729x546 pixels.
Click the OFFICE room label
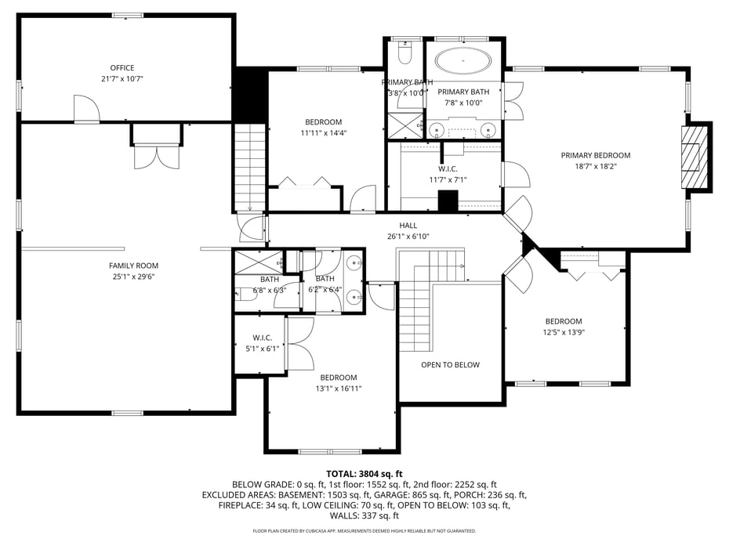121,68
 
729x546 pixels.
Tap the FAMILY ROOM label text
133,266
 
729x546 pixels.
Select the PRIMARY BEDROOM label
595,155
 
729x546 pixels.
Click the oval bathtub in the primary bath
463,60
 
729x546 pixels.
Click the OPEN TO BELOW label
450,365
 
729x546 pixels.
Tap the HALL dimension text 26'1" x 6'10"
408,237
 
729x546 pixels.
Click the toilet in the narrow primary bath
404,54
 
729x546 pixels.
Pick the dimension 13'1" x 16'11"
338,389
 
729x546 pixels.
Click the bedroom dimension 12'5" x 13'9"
564,332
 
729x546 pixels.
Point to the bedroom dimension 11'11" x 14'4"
323,133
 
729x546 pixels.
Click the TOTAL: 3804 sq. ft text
364,474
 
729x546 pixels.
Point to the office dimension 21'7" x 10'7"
121,79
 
